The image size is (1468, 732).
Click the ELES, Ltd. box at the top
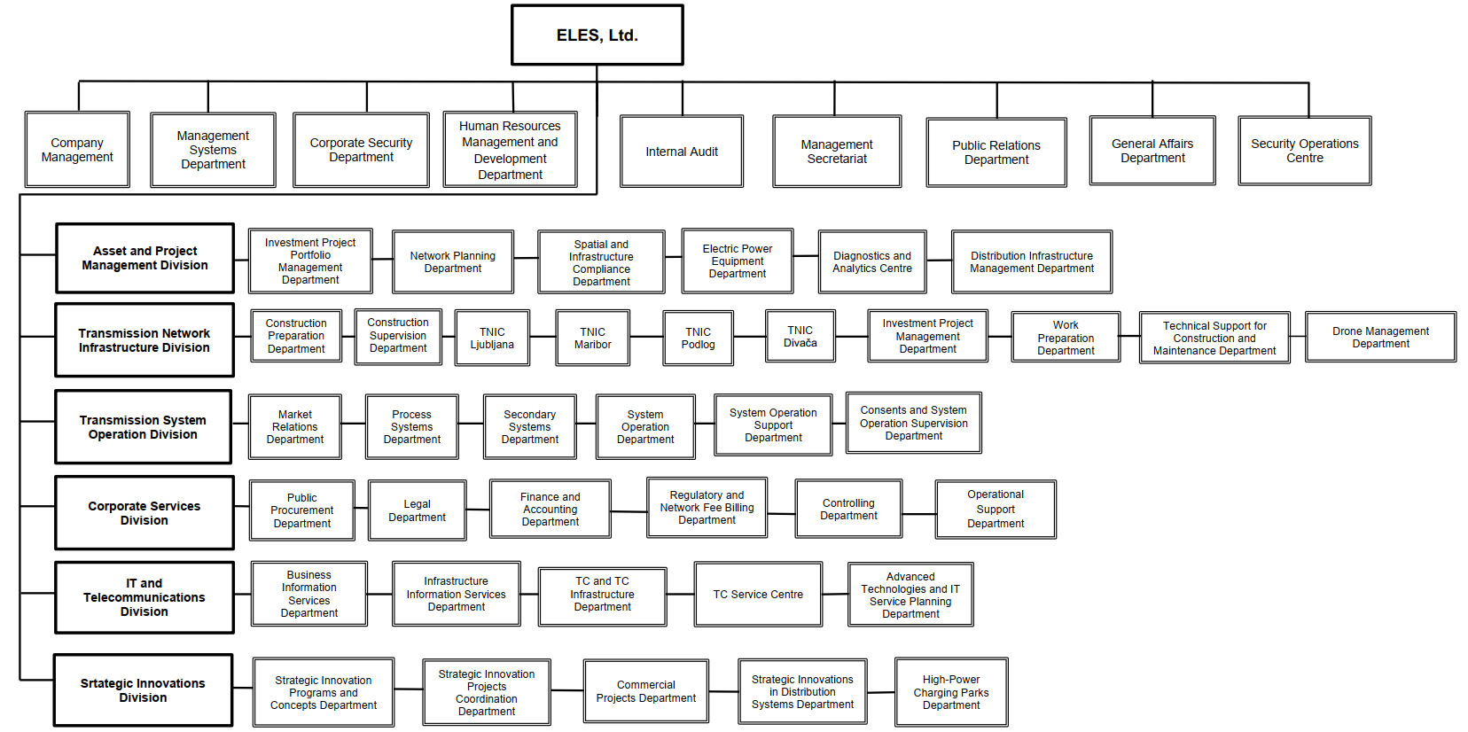point(597,35)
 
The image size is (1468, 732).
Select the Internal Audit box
point(682,152)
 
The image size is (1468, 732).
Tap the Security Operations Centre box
point(1304,151)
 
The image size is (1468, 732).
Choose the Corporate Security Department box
point(361,150)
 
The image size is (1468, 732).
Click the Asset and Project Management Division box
point(144,258)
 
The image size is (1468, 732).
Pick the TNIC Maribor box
point(592,338)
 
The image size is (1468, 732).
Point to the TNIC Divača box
point(800,337)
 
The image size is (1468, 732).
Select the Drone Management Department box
point(1380,337)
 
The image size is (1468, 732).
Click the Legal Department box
point(417,510)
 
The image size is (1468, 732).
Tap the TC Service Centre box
point(758,595)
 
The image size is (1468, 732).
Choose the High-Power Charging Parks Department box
point(951,692)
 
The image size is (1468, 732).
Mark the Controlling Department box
point(848,509)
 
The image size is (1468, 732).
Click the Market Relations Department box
point(295,426)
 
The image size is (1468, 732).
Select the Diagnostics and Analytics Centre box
point(872,261)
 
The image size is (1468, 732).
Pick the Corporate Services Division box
point(144,513)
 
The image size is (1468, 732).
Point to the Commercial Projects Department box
point(645,691)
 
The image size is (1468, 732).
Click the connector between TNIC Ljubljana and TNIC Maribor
point(543,337)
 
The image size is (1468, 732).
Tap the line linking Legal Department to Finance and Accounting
point(478,510)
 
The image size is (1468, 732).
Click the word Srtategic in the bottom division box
point(105,683)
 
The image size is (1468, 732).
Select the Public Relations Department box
point(996,152)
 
